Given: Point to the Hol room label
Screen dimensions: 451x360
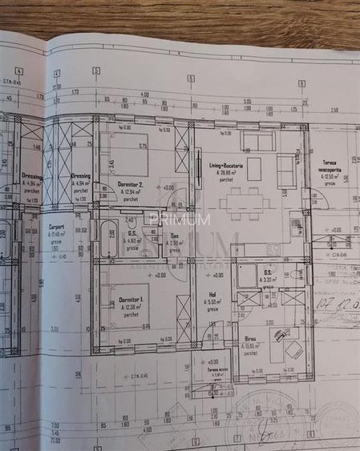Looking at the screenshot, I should click(212, 294).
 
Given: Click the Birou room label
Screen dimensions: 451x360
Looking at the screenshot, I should click(251, 340).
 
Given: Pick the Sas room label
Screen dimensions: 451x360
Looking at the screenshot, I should click(174, 236).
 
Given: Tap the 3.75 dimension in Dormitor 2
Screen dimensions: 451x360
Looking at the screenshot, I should click(142, 146).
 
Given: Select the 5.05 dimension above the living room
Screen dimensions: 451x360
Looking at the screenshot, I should click(247, 102).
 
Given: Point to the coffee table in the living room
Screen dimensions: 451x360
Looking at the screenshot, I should click(253, 169).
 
